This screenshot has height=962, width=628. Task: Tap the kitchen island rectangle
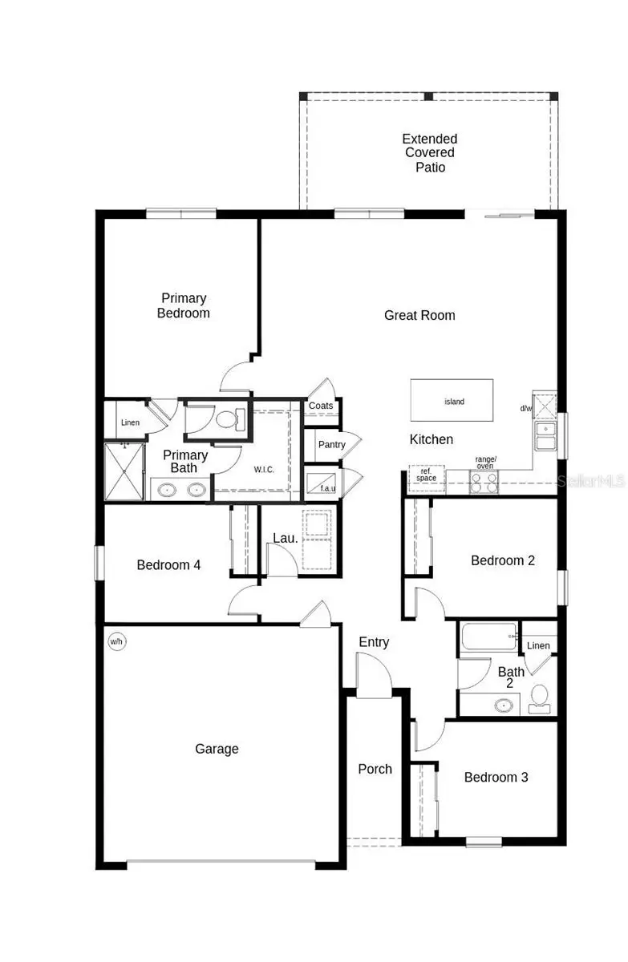[x=452, y=401]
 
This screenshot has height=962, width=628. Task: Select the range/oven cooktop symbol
[x=484, y=481]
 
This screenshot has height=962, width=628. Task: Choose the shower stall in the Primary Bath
[x=124, y=471]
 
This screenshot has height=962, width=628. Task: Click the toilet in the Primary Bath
[x=229, y=418]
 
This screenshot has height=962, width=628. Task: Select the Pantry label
[x=331, y=445]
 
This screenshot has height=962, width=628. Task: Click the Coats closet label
[x=321, y=406]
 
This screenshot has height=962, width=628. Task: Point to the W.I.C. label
[x=264, y=469]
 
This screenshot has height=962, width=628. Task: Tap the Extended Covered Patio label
[x=430, y=153]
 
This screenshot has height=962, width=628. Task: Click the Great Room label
[x=419, y=316]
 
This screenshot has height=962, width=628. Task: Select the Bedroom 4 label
[x=168, y=565]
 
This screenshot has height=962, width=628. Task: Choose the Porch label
[x=375, y=770]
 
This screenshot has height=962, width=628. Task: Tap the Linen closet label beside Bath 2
[x=538, y=645]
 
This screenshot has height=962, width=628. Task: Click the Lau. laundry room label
[x=286, y=539]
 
